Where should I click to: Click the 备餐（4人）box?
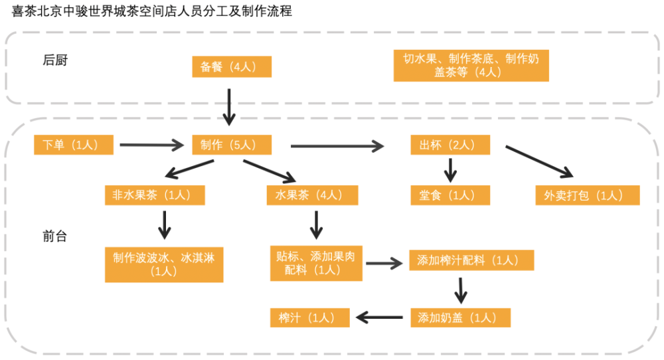232,66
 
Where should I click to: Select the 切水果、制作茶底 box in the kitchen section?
471,65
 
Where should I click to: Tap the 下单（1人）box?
74,145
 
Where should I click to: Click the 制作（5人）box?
232,145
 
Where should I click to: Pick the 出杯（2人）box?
450,145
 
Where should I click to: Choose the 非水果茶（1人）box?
155,195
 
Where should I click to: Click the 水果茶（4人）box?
313,195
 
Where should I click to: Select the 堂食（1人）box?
450,195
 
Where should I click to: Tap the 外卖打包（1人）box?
588,195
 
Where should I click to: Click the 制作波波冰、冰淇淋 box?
164,265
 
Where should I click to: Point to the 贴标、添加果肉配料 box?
316,264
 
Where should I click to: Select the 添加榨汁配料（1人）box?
471,260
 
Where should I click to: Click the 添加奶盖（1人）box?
460,317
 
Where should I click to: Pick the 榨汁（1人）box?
310,317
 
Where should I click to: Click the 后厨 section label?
55,60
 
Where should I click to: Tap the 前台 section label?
55,236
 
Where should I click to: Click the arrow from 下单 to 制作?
151,145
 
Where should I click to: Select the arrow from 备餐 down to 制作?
229,107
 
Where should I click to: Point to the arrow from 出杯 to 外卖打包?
539,162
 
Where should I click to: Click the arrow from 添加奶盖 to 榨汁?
379,317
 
